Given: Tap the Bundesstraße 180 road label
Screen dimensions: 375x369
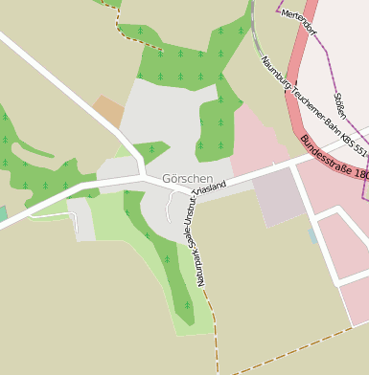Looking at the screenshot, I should click(334, 159).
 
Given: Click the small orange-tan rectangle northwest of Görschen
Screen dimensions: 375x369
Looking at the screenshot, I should click(109, 111).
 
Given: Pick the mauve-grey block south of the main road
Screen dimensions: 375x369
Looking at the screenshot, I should click(277, 196).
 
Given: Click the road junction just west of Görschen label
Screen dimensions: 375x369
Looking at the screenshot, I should click(144, 176).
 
